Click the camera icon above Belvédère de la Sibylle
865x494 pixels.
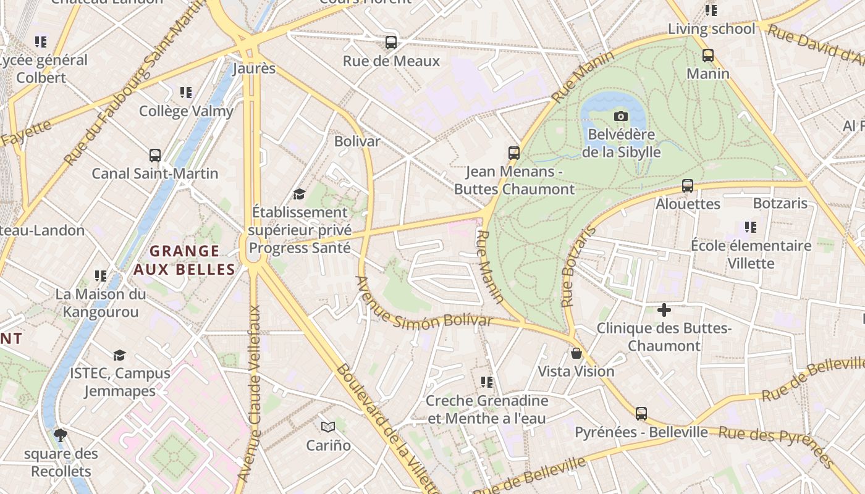point(620,116)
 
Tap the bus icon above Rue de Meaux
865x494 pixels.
point(390,43)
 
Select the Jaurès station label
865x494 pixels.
point(254,68)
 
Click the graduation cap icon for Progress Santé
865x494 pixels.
point(300,195)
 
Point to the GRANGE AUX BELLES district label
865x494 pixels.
point(185,260)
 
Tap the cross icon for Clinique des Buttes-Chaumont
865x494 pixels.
point(664,309)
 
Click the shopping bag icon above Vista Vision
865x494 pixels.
point(576,353)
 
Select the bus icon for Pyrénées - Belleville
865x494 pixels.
point(641,414)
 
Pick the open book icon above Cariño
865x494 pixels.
point(328,427)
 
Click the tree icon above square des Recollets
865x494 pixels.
point(61,435)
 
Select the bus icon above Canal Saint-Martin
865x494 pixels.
point(155,156)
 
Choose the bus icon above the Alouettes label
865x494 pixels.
point(687,186)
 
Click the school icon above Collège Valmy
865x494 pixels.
point(186,93)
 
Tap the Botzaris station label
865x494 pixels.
point(780,203)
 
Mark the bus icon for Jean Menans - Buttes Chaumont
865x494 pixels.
point(513,153)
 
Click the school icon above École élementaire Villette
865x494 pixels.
point(751,227)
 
